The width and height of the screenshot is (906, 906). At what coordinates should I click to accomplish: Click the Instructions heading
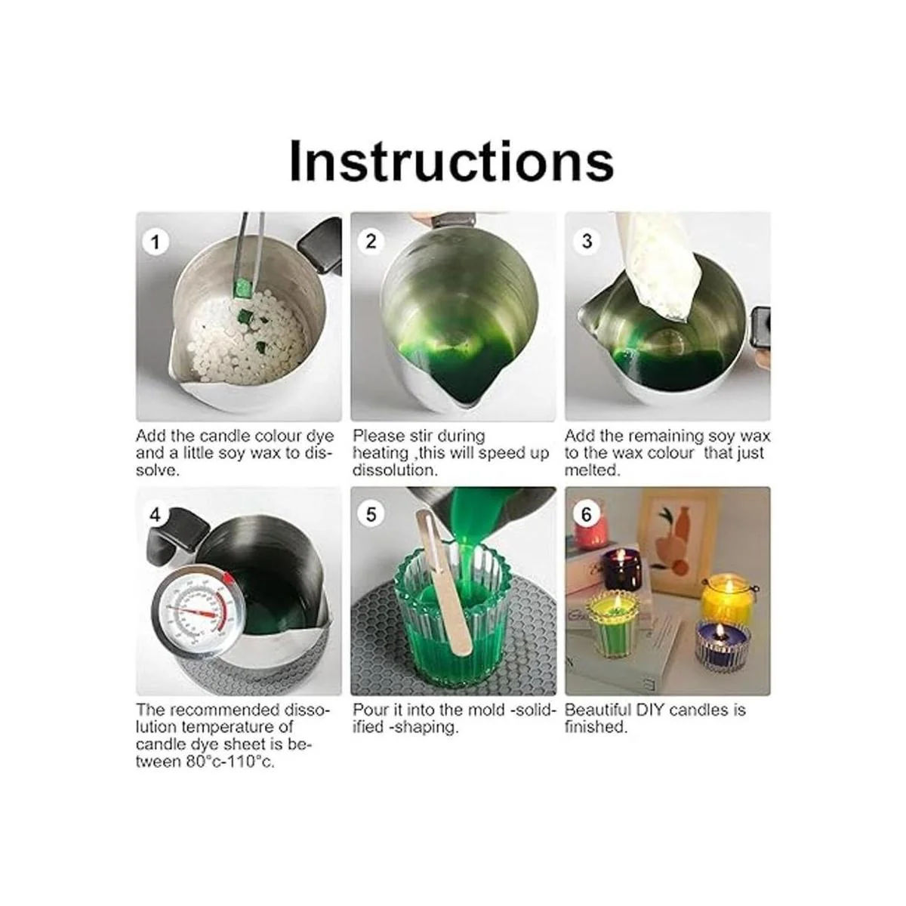(451, 161)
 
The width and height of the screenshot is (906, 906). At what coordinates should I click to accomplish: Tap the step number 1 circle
(155, 242)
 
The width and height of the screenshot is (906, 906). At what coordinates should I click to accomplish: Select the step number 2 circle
(371, 242)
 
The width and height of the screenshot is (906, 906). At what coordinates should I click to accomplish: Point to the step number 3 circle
(587, 241)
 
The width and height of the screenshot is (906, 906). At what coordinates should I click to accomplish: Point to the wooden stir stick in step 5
(444, 583)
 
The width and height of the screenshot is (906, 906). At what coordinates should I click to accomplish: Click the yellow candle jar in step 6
(727, 600)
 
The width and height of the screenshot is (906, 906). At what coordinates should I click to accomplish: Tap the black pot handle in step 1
(320, 246)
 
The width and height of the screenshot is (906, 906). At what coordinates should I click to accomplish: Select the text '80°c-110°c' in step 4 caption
(230, 762)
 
